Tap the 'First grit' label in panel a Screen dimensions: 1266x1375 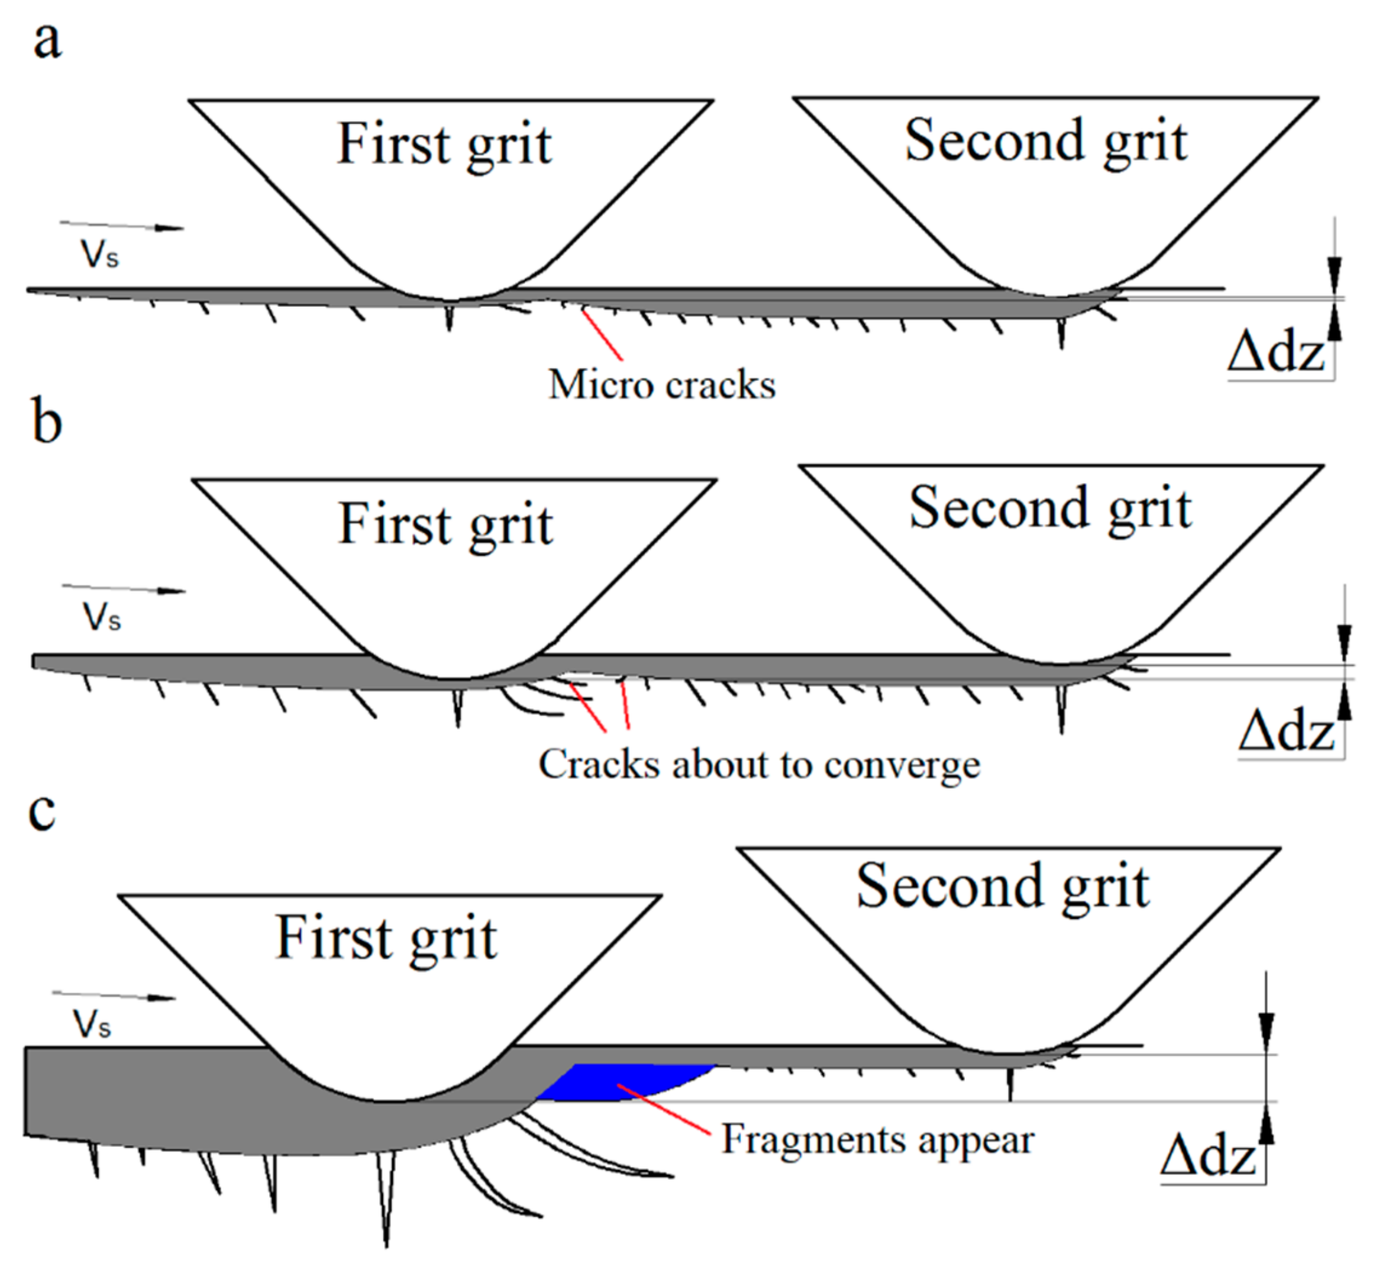tap(444, 145)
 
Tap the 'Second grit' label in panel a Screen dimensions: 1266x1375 tap(1046, 142)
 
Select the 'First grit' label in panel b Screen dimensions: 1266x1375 tap(445, 526)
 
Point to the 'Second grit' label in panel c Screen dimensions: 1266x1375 tap(1003, 887)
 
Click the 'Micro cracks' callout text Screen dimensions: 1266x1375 tap(662, 385)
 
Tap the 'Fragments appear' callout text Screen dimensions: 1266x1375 tap(877, 1141)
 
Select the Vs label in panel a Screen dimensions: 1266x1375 tap(100, 255)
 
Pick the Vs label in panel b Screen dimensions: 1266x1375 tap(102, 618)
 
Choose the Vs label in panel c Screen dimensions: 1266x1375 tap(92, 1025)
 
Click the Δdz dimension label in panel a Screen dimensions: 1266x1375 tap(1277, 355)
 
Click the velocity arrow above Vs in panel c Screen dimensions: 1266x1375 tap(114, 995)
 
